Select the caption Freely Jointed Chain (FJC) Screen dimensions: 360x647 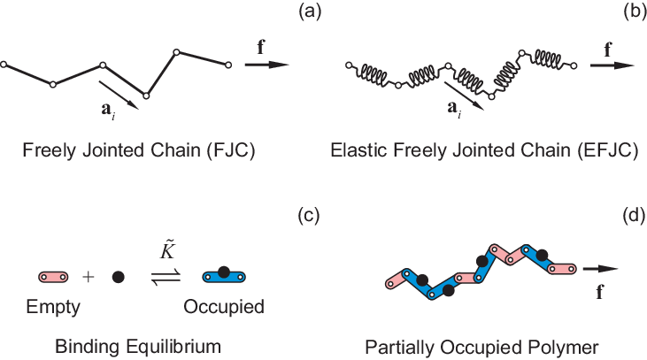click(x=140, y=150)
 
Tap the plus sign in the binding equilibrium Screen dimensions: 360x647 click(x=88, y=276)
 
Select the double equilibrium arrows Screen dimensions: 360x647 click(x=166, y=276)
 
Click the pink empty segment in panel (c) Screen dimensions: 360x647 click(x=54, y=277)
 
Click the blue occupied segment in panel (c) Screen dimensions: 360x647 click(x=224, y=276)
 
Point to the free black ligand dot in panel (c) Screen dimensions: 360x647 click(x=118, y=277)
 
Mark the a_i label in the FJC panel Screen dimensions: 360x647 click(x=107, y=111)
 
